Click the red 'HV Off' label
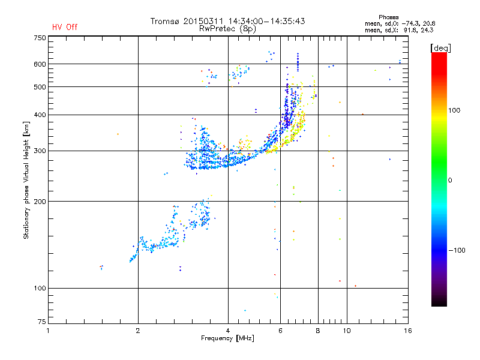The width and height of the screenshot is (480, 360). pyautogui.click(x=64, y=27)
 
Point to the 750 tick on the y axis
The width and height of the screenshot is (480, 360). pyautogui.click(x=40, y=37)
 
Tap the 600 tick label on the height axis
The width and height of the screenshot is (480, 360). pyautogui.click(x=40, y=64)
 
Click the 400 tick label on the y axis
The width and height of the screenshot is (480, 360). pyautogui.click(x=40, y=115)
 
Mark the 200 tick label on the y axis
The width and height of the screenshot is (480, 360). pyautogui.click(x=40, y=202)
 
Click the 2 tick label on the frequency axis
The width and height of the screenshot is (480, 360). pyautogui.click(x=138, y=331)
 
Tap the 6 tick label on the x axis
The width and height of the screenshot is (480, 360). pyautogui.click(x=280, y=331)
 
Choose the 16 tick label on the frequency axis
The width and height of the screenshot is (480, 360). pyautogui.click(x=407, y=331)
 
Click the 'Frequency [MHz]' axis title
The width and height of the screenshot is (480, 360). pyautogui.click(x=227, y=338)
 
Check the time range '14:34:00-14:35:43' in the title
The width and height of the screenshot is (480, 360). pyautogui.click(x=268, y=21)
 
